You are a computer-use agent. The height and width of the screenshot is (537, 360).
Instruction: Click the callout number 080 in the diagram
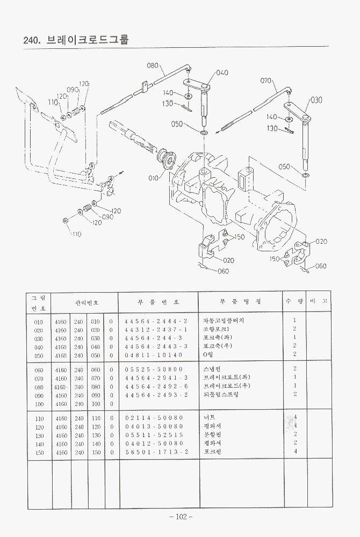point(153,66)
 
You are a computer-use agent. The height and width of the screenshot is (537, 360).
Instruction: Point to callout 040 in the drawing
point(222,72)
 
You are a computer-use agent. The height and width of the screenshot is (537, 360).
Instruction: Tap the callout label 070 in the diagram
point(266,81)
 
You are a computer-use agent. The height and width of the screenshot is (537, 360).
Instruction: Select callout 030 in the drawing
point(316,100)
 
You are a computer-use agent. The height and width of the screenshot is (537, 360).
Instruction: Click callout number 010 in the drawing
point(153,178)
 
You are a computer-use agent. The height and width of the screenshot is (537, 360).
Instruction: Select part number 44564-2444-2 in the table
point(156,321)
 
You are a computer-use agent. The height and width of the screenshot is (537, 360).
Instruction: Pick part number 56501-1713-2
point(156,452)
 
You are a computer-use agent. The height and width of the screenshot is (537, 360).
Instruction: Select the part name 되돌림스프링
point(221,395)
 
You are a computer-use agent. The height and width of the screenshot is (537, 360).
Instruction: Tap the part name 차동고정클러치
point(224,321)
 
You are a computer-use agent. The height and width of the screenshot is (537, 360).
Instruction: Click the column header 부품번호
point(159,302)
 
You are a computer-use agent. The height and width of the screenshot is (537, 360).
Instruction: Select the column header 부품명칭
point(240,302)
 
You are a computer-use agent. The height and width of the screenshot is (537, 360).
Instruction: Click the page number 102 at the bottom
point(181,517)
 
